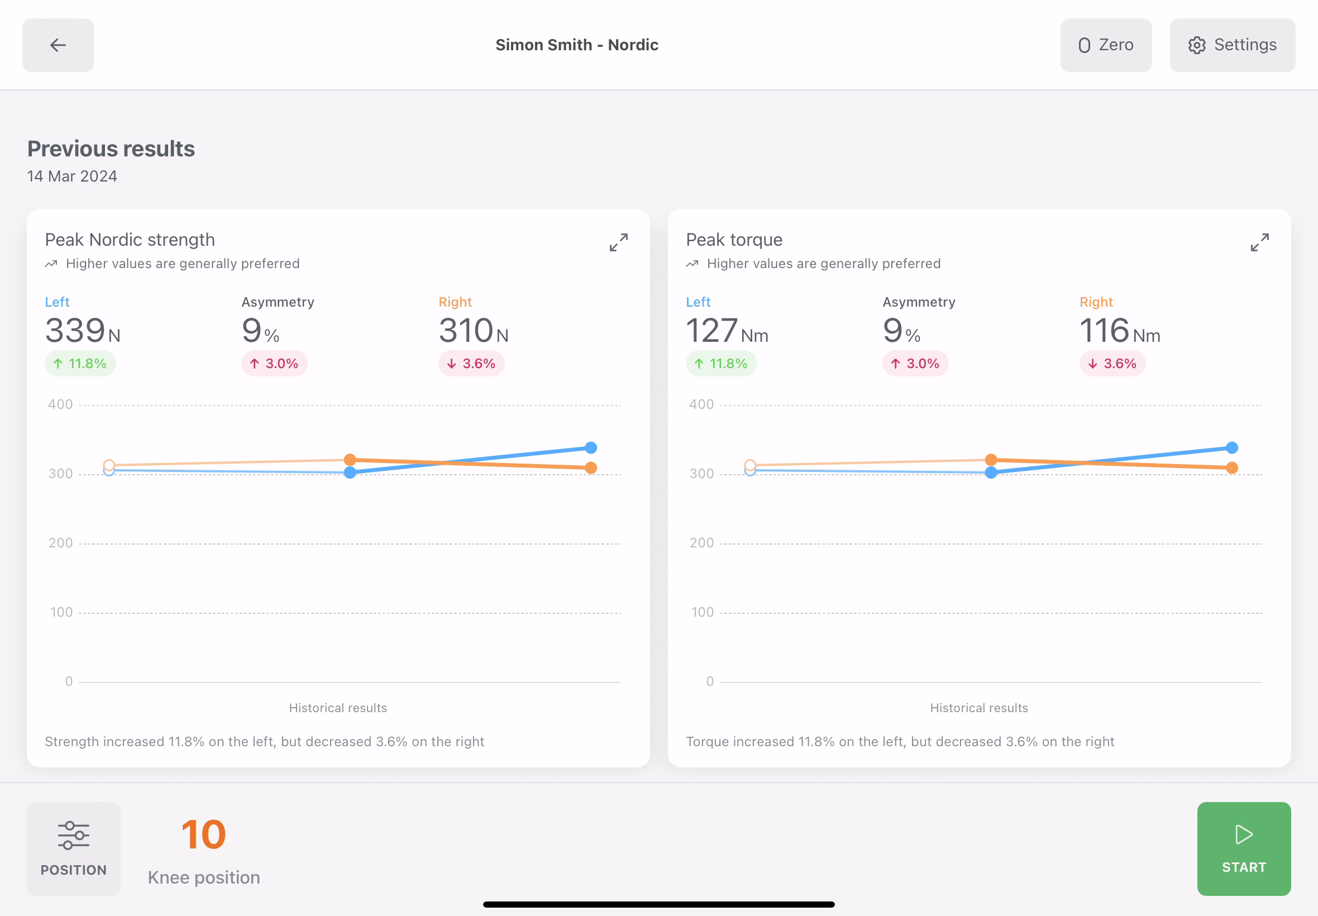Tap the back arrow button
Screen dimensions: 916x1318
point(58,45)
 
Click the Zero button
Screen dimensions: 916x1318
point(1105,45)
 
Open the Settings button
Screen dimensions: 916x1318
point(1232,45)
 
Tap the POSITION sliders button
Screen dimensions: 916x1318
point(74,848)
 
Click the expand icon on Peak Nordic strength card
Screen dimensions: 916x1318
point(618,242)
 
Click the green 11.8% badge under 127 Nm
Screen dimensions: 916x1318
point(720,363)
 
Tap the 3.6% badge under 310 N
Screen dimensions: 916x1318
point(471,363)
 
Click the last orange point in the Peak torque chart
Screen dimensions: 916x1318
point(1231,467)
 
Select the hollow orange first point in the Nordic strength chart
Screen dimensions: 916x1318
point(109,465)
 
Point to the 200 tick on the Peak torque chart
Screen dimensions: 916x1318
point(701,543)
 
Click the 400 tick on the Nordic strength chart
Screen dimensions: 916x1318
point(60,404)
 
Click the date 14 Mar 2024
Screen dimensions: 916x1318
point(71,176)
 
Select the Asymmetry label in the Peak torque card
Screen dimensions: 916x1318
point(918,302)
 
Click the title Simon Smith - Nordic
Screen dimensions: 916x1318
point(577,45)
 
